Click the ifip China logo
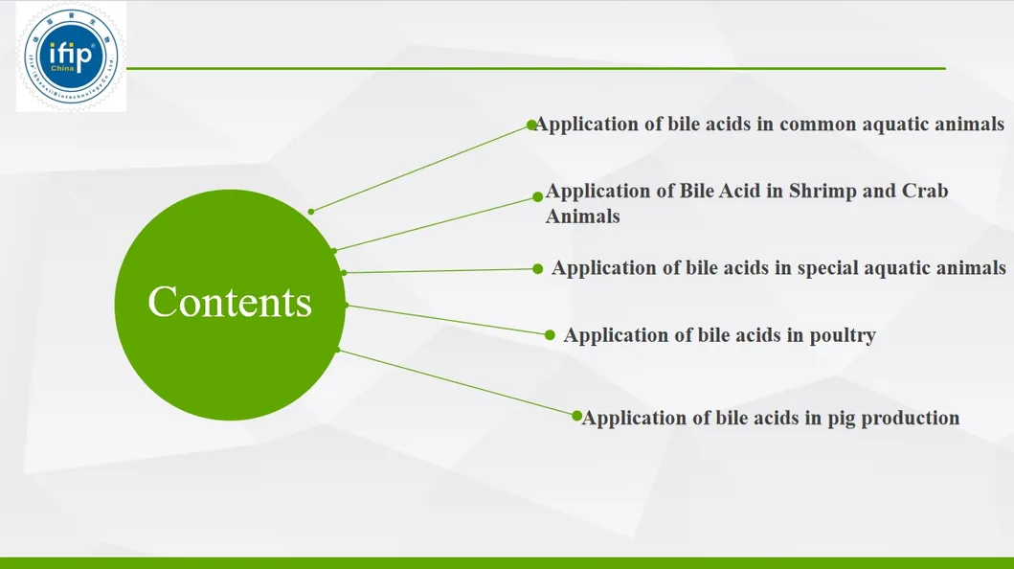71,57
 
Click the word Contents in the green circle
230,302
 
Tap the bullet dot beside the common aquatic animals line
531,125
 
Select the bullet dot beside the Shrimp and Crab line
537,197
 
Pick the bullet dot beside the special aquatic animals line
537,269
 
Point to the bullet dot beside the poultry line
550,335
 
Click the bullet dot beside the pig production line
576,416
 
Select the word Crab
925,191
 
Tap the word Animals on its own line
582,216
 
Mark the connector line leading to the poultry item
445,320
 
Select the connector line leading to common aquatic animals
421,168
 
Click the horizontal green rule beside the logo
536,68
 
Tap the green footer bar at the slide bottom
507,562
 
